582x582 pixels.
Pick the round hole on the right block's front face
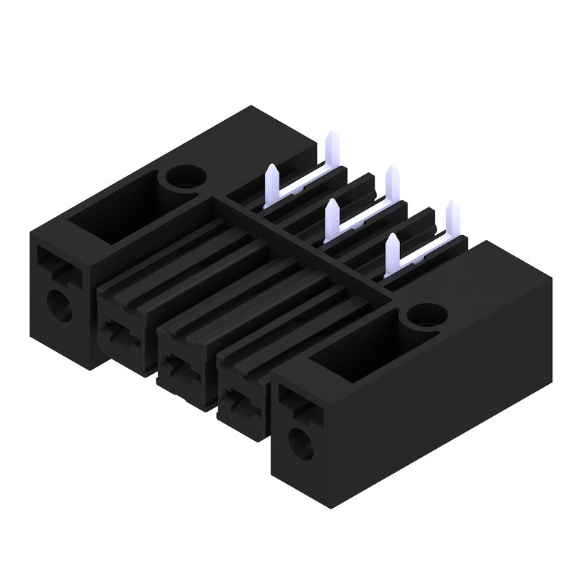[299, 443]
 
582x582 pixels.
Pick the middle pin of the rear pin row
[391, 179]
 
